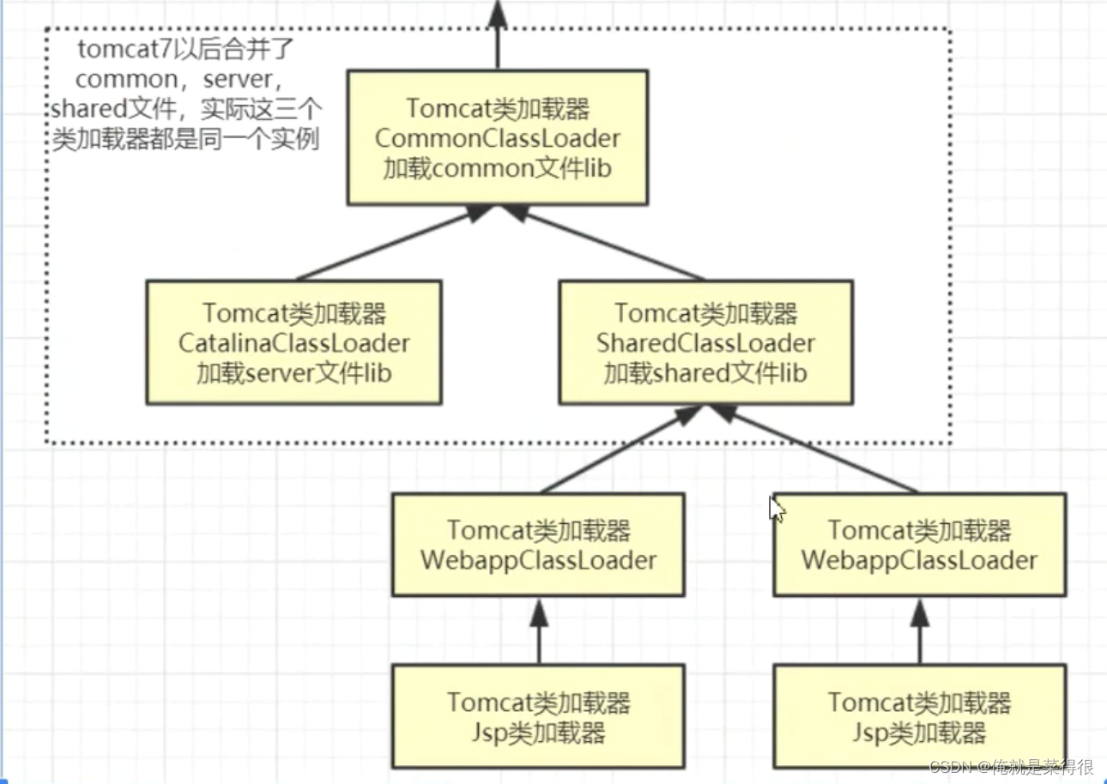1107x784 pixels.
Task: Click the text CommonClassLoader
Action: [498, 138]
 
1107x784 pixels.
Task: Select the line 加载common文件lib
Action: [498, 168]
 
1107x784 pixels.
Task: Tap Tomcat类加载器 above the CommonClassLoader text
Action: [498, 109]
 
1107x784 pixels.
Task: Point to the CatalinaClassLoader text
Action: [294, 343]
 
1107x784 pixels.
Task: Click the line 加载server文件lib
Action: [294, 373]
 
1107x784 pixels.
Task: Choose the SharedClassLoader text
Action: [706, 343]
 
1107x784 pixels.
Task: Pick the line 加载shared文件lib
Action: [706, 373]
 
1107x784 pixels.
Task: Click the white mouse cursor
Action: [776, 509]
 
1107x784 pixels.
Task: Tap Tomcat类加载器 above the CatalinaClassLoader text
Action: [294, 313]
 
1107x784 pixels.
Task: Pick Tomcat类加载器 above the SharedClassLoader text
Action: [706, 313]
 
